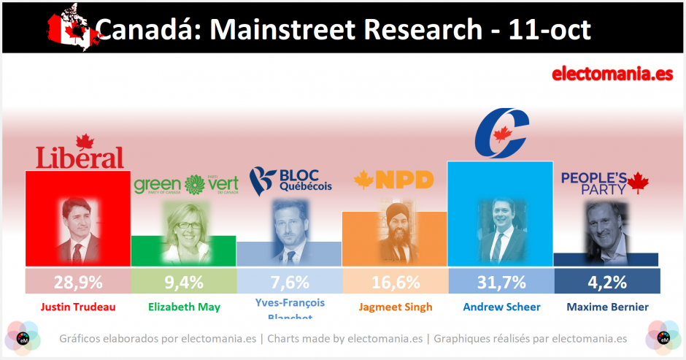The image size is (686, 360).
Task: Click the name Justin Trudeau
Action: pos(77,307)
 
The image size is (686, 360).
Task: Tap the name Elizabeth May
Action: pos(183,307)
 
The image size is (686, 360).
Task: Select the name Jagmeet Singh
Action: pos(395,307)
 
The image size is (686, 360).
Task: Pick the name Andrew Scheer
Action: pos(501,307)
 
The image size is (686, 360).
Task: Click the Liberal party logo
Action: pos(80,153)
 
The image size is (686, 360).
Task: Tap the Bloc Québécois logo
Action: pos(290,179)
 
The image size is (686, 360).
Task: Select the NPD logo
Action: pos(394,180)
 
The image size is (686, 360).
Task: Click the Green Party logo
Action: pos(186,185)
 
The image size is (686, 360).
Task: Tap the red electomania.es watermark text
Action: pos(612,74)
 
